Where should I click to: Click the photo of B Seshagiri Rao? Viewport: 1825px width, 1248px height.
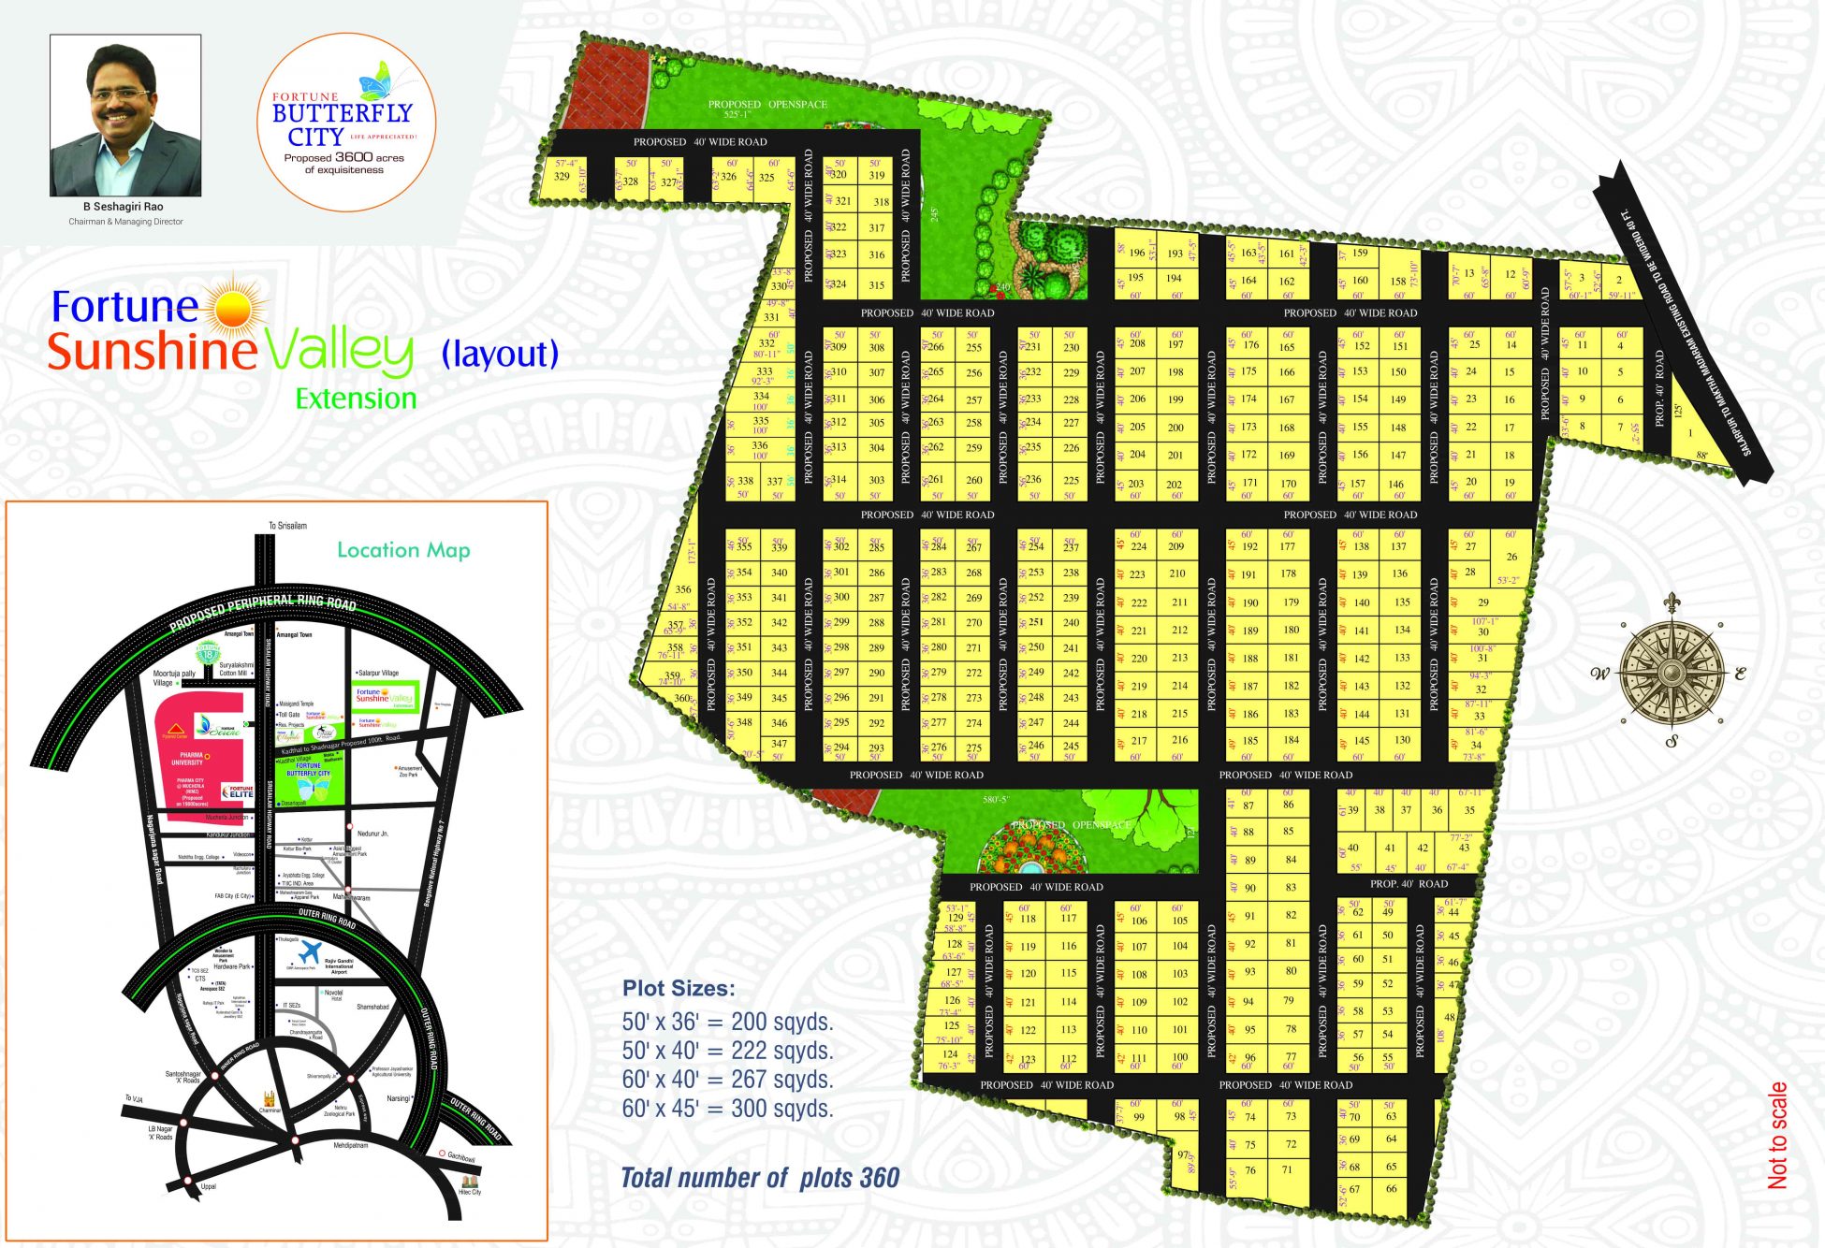click(125, 115)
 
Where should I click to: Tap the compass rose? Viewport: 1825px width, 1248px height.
click(1672, 671)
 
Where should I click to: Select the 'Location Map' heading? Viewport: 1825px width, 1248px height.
click(403, 550)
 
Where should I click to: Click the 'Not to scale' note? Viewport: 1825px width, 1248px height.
click(1777, 1135)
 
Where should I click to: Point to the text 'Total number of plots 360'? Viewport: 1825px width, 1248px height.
click(760, 1178)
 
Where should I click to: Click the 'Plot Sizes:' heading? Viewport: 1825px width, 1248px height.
click(679, 988)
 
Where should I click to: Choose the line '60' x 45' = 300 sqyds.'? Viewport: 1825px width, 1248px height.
click(727, 1109)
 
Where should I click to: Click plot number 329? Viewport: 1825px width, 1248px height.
click(562, 177)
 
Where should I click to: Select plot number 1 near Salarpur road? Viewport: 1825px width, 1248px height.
click(1690, 433)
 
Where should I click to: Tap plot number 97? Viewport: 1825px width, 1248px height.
click(1183, 1154)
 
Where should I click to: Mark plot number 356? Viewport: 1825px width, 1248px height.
click(682, 589)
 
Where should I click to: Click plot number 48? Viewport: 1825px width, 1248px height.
click(1450, 1017)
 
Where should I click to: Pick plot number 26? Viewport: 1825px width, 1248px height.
click(1511, 557)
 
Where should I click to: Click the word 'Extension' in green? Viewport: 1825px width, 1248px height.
click(356, 399)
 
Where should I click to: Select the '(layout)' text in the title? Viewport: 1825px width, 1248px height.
click(500, 354)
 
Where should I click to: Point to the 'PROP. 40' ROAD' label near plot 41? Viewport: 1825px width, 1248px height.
click(1409, 883)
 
